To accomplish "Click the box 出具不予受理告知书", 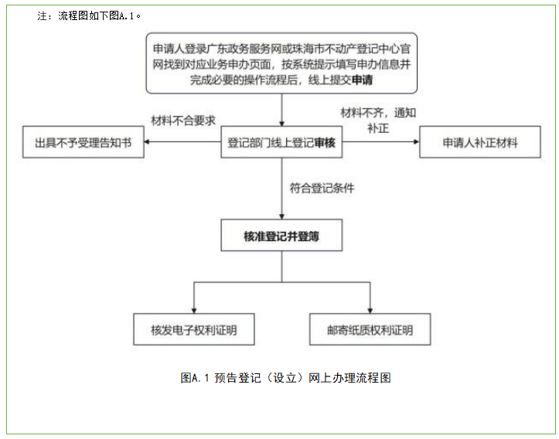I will [x=84, y=143].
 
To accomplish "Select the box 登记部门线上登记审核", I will [x=281, y=143].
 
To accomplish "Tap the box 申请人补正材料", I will [x=479, y=143].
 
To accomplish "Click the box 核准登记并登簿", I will [x=281, y=237].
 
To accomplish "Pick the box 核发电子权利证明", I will [x=193, y=330].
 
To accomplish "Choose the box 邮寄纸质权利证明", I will [x=370, y=330].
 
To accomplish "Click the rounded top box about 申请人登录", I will [x=281, y=64].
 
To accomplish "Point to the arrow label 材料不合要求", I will [x=183, y=121].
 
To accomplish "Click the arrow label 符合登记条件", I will [x=322, y=188].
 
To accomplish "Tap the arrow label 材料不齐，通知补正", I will [x=378, y=120].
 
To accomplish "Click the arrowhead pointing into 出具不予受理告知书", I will [x=148, y=143].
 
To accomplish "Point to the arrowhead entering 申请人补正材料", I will [x=415, y=143].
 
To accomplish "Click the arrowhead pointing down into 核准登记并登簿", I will [x=281, y=216].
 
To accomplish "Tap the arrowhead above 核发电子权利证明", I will [x=193, y=308].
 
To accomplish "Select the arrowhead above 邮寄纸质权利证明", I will [x=370, y=308].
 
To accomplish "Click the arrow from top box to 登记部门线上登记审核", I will [x=281, y=109].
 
